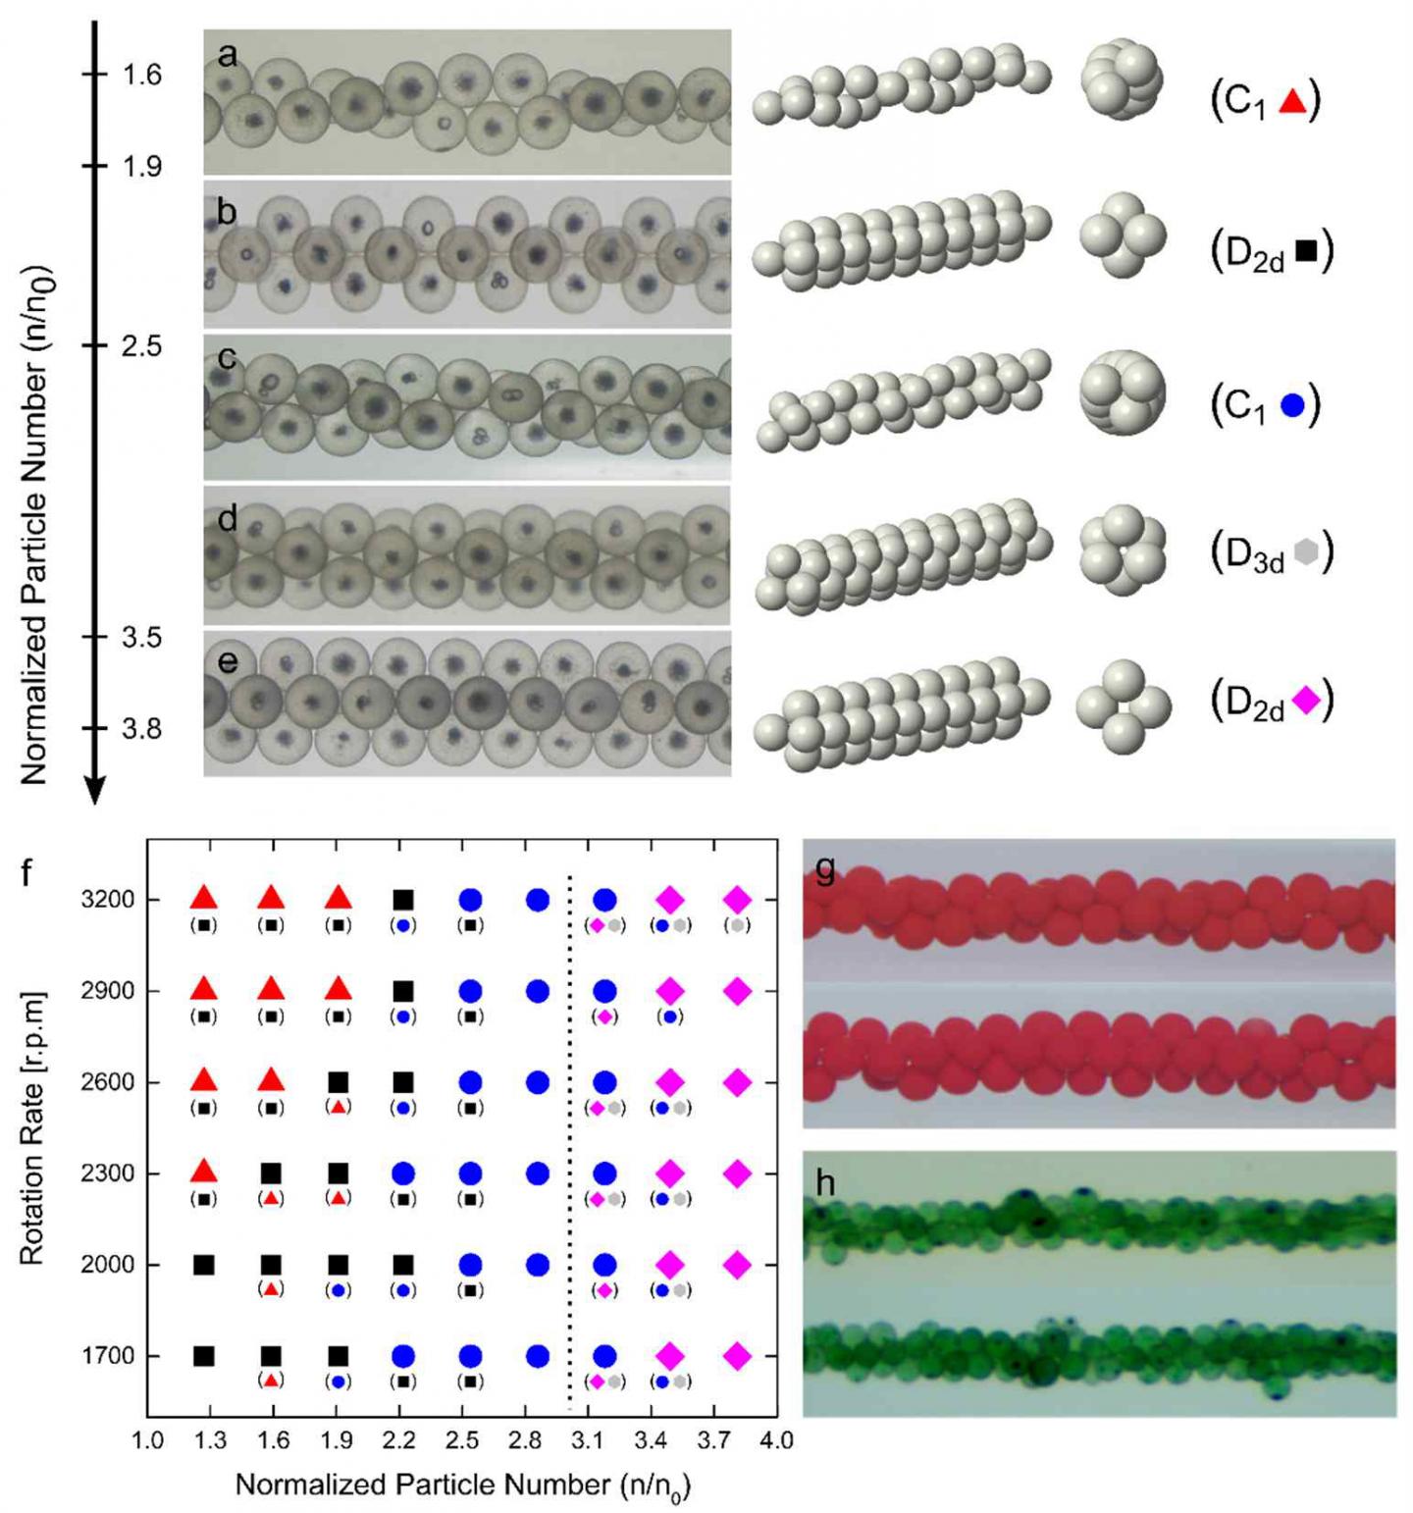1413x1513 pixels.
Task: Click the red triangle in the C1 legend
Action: [x=1292, y=100]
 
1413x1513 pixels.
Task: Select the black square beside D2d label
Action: [x=1306, y=251]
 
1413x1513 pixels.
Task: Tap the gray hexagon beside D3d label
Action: [x=1306, y=552]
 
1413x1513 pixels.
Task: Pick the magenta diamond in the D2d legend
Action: [x=1306, y=700]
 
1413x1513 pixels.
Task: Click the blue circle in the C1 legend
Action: [x=1292, y=404]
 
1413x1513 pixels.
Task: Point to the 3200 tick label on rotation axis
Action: [x=108, y=900]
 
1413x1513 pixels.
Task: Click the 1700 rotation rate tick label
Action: [x=108, y=1356]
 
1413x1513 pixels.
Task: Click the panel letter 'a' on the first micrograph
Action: [x=227, y=55]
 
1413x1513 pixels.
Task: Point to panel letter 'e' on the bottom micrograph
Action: [x=227, y=661]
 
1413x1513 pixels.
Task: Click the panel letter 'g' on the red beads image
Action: [x=825, y=869]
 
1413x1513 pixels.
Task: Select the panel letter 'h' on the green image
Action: [x=825, y=1183]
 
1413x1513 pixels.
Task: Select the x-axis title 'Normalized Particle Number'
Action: [x=462, y=1485]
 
